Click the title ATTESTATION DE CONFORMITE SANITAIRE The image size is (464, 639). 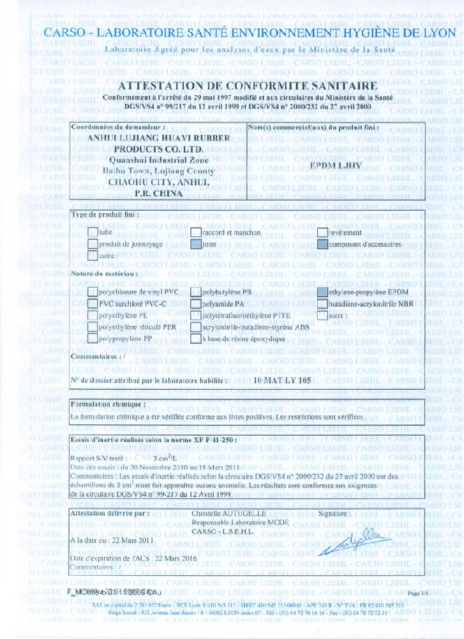pyautogui.click(x=248, y=86)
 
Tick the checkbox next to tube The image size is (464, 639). pyautogui.click(x=93, y=233)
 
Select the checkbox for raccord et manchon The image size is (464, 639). pyautogui.click(x=196, y=233)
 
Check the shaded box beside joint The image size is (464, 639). pyautogui.click(x=196, y=244)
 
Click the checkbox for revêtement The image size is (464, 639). pyautogui.click(x=323, y=233)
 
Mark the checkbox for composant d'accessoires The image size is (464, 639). pyautogui.click(x=323, y=244)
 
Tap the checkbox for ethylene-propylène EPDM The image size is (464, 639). pyautogui.click(x=323, y=292)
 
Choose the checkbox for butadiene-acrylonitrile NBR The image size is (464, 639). pyautogui.click(x=323, y=304)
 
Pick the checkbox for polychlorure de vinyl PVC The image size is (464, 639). pyautogui.click(x=93, y=292)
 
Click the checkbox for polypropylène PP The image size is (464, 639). pyautogui.click(x=93, y=339)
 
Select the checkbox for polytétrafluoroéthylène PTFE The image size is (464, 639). pyautogui.click(x=196, y=316)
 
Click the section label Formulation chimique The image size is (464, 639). pyautogui.click(x=108, y=404)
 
